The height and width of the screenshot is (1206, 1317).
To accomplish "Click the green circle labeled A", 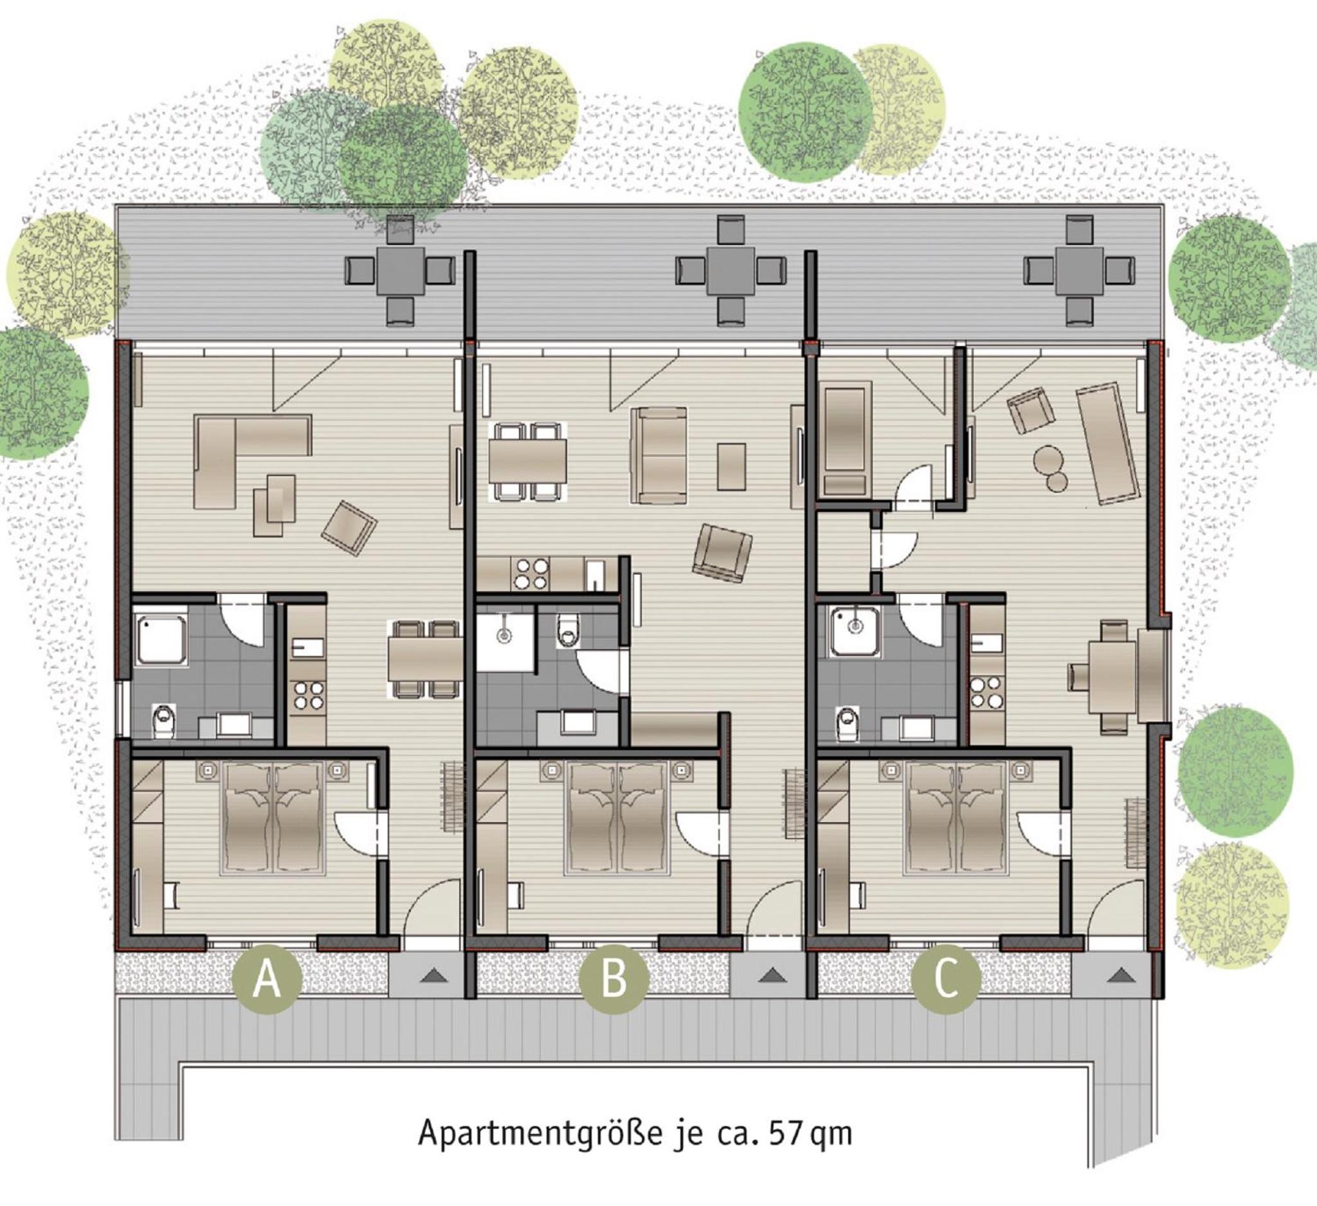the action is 266,980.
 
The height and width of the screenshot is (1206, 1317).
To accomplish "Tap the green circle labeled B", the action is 614,980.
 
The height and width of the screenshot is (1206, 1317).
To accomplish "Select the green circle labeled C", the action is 946,980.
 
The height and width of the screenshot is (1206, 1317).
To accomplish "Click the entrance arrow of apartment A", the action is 433,976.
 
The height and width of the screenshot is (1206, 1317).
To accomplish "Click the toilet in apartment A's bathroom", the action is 163,722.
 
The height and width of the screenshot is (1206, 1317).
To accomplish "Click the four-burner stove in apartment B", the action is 531,574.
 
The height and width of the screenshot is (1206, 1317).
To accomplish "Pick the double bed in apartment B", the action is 617,819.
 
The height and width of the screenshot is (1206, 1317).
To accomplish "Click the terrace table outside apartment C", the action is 1079,270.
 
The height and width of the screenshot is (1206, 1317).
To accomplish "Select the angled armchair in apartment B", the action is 722,552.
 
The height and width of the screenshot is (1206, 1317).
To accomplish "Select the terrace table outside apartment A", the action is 400,270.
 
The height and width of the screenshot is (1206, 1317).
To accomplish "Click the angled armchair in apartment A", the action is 349,528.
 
